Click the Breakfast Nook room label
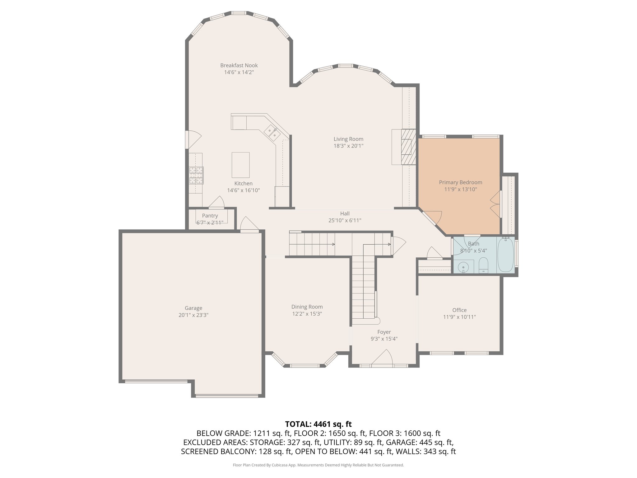click(x=239, y=65)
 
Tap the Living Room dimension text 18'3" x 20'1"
click(x=348, y=146)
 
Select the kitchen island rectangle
click(x=240, y=165)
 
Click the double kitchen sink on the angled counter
click(x=272, y=133)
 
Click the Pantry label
click(x=210, y=216)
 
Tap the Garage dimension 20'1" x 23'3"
click(x=193, y=315)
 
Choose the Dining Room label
click(x=307, y=307)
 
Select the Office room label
click(x=459, y=310)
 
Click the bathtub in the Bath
click(x=506, y=255)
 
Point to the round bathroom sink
click(x=463, y=267)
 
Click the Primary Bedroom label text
click(x=460, y=182)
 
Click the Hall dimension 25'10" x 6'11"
click(x=345, y=221)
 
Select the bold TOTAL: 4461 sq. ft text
click(x=318, y=424)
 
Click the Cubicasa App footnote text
click(x=318, y=465)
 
